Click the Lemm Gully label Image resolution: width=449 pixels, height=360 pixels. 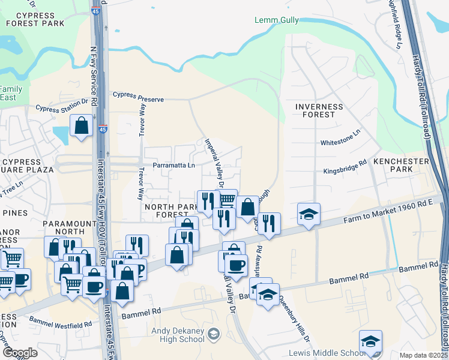tap(277, 20)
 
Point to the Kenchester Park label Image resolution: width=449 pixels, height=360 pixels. tap(401, 166)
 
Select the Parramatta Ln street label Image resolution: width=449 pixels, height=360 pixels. tap(174, 165)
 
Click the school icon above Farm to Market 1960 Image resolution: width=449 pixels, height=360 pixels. tap(309, 214)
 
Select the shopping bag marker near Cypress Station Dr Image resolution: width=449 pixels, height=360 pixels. tap(81, 125)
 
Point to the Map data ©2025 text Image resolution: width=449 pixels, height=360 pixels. tap(423, 355)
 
